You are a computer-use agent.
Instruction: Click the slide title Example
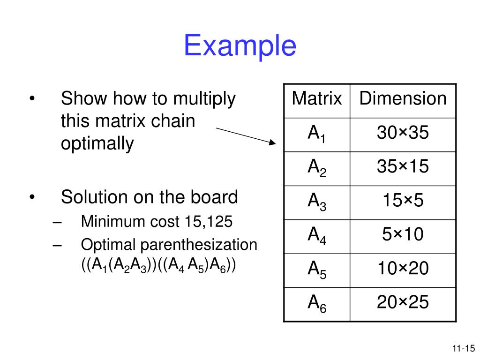point(240,46)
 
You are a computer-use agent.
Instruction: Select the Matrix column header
point(316,99)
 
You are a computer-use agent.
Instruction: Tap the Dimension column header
point(403,99)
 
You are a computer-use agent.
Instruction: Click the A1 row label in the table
point(316,134)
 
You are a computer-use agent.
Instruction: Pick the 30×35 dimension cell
point(403,133)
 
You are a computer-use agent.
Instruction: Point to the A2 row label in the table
point(316,168)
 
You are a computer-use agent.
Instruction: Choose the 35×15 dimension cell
point(403,167)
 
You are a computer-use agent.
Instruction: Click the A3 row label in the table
point(316,202)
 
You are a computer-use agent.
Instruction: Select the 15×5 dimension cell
point(403,201)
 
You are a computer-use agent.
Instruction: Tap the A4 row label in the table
point(316,236)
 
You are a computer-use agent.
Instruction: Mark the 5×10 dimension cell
point(403,234)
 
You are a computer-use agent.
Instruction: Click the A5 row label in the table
point(316,270)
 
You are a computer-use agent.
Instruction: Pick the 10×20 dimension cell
point(403,269)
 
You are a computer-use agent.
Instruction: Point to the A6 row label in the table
point(316,304)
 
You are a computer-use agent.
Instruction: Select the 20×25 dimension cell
point(403,302)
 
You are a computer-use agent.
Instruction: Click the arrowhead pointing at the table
point(274,142)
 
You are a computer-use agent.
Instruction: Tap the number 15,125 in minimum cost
point(210,222)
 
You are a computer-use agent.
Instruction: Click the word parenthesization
point(204,245)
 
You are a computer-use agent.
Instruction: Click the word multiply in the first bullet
point(204,99)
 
